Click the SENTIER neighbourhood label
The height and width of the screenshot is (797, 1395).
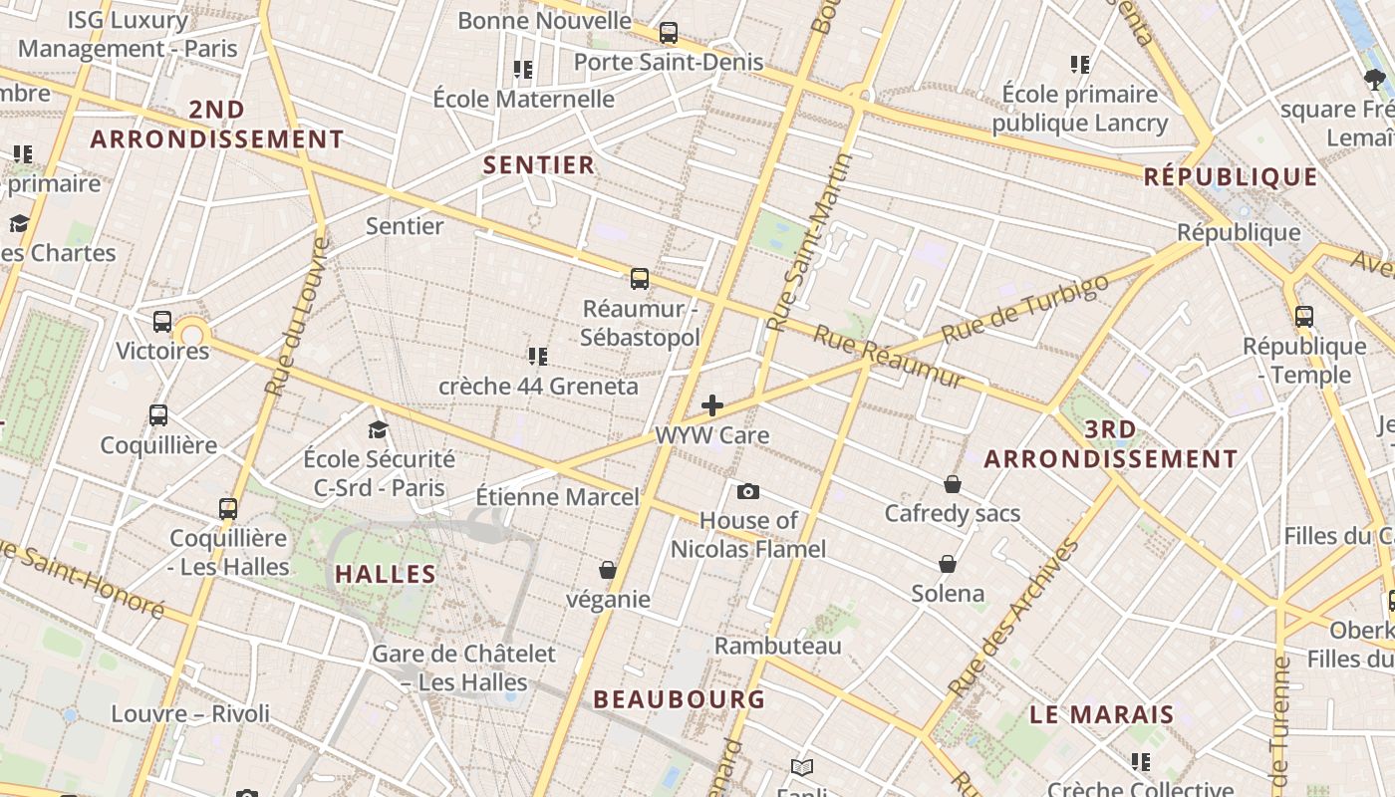tap(538, 165)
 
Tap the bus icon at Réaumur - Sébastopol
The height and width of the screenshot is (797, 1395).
tap(640, 279)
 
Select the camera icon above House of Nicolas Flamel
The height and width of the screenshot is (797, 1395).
tap(748, 491)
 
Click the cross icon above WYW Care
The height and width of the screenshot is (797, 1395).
tap(712, 405)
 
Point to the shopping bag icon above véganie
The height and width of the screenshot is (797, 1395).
tap(608, 570)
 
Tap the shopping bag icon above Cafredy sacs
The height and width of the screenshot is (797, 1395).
tap(953, 484)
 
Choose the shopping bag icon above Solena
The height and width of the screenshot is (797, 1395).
tap(948, 564)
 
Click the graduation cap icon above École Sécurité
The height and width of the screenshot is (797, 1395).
tap(378, 429)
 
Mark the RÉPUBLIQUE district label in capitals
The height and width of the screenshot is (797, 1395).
tap(1231, 177)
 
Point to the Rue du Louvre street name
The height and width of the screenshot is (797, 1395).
tap(297, 316)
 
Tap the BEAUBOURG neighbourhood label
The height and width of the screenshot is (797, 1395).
tap(680, 699)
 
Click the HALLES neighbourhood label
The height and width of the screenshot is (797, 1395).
tap(386, 574)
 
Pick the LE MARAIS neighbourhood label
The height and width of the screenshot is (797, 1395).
tap(1102, 714)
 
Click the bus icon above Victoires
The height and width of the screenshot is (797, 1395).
tap(162, 322)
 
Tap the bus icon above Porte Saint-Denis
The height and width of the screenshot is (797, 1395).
tap(669, 33)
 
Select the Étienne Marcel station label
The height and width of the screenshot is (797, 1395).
tap(557, 496)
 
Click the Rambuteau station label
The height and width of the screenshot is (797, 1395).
tap(778, 646)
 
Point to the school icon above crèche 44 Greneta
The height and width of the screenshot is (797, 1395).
tap(538, 356)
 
